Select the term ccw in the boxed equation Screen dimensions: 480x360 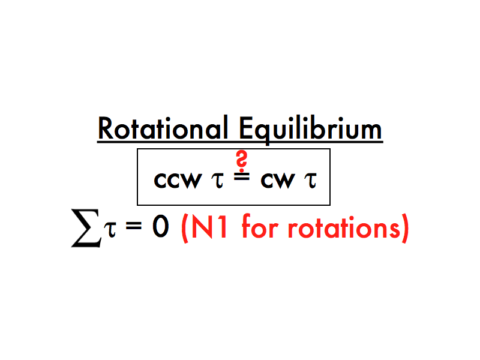tap(176, 180)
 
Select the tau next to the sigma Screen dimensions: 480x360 tap(107, 230)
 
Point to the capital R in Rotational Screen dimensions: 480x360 tap(106, 128)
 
